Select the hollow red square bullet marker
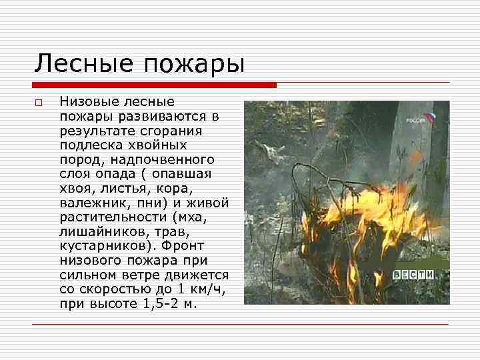coord(39,103)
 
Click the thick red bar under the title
coord(154,85)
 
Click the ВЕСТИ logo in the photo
coord(413,274)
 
